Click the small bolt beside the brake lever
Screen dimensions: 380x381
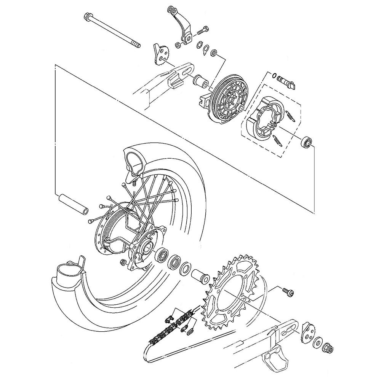pos(203,29)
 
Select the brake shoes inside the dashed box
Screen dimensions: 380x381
pos(267,114)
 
